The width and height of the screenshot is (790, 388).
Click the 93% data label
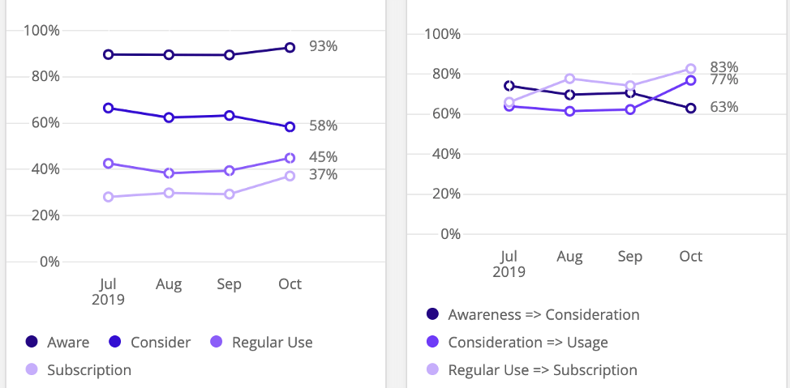tap(323, 46)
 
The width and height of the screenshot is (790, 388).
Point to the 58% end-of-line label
tap(323, 126)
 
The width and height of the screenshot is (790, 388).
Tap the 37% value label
tap(323, 174)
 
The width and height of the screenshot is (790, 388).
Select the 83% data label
tap(723, 67)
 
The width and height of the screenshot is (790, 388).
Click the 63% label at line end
tap(723, 107)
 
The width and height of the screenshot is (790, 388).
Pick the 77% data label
tap(723, 80)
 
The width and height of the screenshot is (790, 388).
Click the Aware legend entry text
tap(68, 343)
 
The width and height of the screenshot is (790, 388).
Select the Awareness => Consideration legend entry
tap(543, 314)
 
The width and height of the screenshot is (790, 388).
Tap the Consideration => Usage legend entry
tap(528, 343)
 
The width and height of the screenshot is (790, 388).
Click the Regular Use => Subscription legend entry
tap(542, 370)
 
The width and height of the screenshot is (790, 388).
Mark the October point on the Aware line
tap(290, 48)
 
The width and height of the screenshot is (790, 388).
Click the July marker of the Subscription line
tap(108, 197)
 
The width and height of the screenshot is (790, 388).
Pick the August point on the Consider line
tap(169, 117)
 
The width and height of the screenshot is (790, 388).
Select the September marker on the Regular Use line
tap(230, 171)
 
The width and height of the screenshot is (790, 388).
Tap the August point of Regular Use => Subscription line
tap(570, 79)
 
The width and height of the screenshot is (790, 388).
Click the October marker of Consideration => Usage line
tap(691, 80)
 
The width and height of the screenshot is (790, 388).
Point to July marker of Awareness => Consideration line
tap(509, 86)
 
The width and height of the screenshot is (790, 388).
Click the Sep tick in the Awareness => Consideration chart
tap(630, 256)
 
